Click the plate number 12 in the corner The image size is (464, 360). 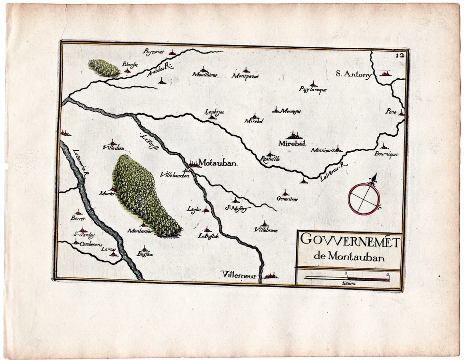pos(399,55)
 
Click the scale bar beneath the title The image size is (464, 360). pos(347,278)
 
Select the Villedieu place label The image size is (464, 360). pos(113,148)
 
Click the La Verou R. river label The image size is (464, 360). pos(333,172)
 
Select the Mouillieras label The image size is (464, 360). pos(205,75)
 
